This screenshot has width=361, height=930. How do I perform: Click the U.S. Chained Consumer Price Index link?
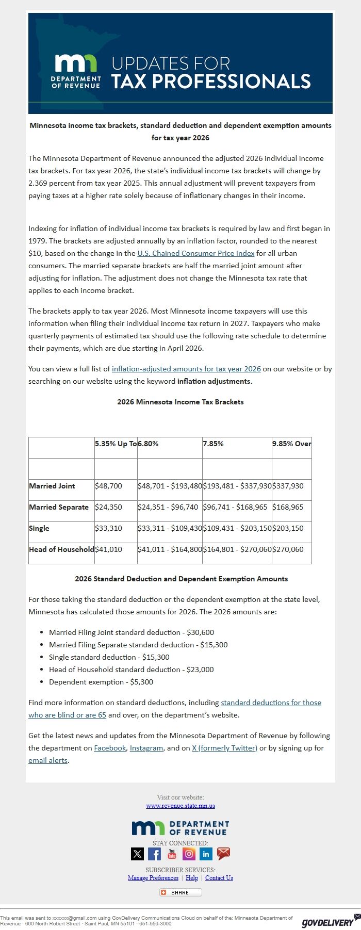click(195, 253)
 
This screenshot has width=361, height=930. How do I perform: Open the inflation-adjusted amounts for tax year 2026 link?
click(186, 369)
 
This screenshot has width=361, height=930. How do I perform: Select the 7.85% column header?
click(213, 444)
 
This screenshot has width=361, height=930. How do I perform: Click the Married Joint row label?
click(52, 486)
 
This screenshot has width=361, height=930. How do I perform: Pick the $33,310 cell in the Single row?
click(108, 528)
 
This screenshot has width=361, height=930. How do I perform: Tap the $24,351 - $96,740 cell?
click(168, 507)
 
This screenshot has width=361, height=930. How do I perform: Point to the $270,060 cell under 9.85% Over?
click(288, 549)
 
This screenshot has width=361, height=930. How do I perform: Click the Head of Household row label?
click(61, 549)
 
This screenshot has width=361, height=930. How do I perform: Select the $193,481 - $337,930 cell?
click(237, 486)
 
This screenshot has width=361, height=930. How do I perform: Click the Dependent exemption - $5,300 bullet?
click(101, 682)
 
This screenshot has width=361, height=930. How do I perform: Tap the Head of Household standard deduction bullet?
click(131, 670)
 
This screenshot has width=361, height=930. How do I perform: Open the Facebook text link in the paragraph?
click(110, 748)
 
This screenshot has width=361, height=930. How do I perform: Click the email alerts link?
click(48, 760)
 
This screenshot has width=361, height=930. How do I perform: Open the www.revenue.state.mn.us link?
click(180, 806)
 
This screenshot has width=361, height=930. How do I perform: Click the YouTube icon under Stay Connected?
click(172, 854)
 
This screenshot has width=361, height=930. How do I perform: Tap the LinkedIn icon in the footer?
click(206, 854)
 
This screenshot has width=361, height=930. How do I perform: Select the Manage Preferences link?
click(153, 878)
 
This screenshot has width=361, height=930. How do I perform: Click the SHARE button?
click(180, 892)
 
